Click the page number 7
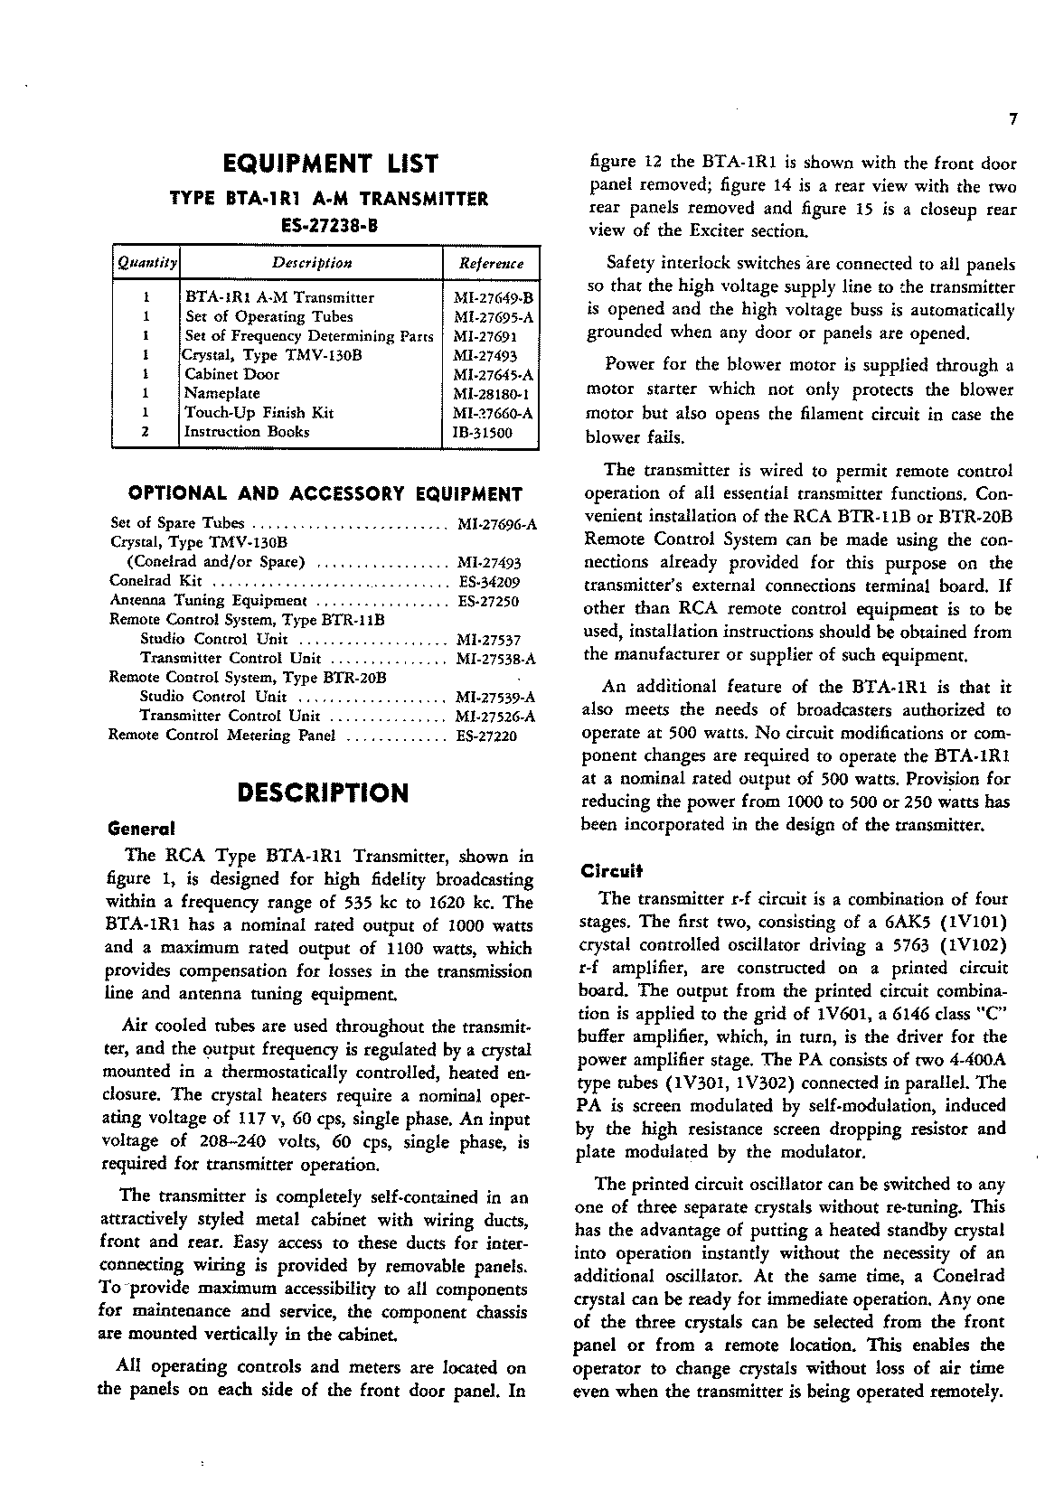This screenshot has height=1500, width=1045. click(x=1013, y=119)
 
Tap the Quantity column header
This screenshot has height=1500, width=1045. click(x=146, y=263)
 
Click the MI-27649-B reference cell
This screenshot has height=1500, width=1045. click(x=494, y=297)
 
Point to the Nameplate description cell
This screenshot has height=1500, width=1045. click(x=222, y=393)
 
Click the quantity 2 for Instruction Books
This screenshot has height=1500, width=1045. click(x=146, y=432)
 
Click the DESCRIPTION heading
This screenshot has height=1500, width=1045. click(x=322, y=792)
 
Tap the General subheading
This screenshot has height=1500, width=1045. click(x=140, y=828)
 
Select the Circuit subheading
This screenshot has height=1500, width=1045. click(x=611, y=872)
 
